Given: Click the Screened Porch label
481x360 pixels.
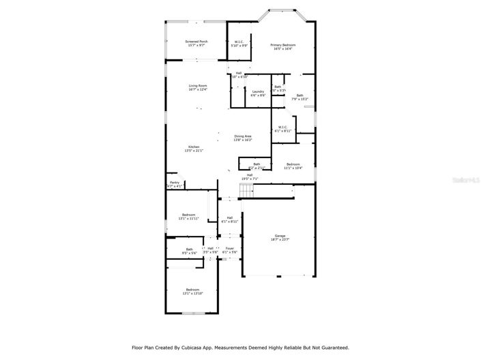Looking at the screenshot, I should pyautogui.click(x=196, y=42).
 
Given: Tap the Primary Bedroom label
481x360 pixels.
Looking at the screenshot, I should pyautogui.click(x=282, y=45).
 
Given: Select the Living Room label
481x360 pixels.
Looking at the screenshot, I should pyautogui.click(x=198, y=85).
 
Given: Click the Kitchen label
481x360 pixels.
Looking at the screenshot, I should pyautogui.click(x=194, y=147).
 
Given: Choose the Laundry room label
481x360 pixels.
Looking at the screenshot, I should pyautogui.click(x=258, y=91).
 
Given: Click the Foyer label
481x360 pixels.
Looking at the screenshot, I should pyautogui.click(x=230, y=248).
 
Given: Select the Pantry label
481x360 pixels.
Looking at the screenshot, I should pyautogui.click(x=175, y=183).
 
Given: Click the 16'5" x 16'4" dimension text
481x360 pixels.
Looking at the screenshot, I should pyautogui.click(x=282, y=49).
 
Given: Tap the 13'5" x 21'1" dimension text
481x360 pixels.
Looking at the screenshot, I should pyautogui.click(x=194, y=151).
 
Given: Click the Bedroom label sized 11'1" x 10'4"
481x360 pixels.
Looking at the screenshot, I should pyautogui.click(x=293, y=164).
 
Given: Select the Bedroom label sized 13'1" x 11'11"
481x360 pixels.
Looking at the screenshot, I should pyautogui.click(x=188, y=215).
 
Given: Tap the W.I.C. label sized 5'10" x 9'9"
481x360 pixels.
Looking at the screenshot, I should pyautogui.click(x=239, y=42).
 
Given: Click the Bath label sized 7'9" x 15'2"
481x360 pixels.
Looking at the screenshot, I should pyautogui.click(x=300, y=95).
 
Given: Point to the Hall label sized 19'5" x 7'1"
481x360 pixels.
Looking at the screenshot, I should pyautogui.click(x=250, y=175).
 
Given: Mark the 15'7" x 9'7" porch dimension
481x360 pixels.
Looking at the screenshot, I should pyautogui.click(x=196, y=46).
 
